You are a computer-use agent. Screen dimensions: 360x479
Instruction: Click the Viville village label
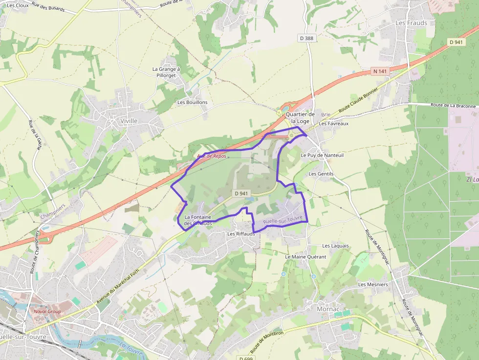[x=129, y=121]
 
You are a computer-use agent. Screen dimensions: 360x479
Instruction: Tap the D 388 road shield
[x=306, y=38]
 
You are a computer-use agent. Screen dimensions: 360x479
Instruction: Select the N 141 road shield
[x=380, y=71]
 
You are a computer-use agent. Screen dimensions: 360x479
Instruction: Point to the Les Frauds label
[x=411, y=23]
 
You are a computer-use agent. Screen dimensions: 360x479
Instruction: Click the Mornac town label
[x=327, y=309]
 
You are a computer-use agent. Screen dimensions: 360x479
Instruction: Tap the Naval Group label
[x=47, y=311]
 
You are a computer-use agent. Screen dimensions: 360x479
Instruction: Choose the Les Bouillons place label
[x=193, y=103]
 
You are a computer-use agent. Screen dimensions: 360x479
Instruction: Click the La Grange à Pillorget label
[x=166, y=72]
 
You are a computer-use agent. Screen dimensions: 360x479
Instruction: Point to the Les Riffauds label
[x=241, y=234]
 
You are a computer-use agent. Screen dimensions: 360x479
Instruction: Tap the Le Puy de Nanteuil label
[x=322, y=155]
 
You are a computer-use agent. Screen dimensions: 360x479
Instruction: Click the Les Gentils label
[x=321, y=174]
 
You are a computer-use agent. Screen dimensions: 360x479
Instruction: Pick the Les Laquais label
[x=336, y=246]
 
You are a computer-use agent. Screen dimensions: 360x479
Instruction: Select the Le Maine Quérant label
[x=305, y=256]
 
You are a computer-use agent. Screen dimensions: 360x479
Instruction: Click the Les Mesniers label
[x=373, y=284]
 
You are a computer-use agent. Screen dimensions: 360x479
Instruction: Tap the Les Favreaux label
[x=333, y=124]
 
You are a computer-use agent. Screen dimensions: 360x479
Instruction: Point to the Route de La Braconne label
[x=453, y=106]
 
